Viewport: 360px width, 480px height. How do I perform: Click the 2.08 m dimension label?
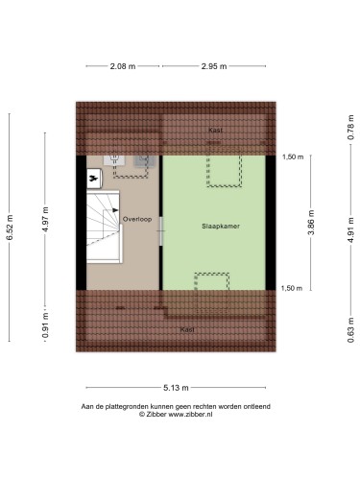[x=123, y=66]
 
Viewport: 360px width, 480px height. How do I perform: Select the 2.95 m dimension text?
[x=214, y=66]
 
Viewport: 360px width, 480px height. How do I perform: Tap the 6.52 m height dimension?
[x=10, y=228]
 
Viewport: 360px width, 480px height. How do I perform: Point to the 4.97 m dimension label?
[x=45, y=219]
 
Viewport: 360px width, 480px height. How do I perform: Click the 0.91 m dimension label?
[x=45, y=325]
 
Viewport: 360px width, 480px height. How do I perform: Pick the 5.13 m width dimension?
[x=176, y=388]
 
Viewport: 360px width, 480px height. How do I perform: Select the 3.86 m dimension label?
[x=311, y=222]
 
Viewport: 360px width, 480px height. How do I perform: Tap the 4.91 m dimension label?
[x=351, y=229]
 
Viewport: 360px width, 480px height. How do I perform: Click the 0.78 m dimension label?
[x=351, y=127]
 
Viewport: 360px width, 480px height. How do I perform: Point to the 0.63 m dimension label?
[x=351, y=330]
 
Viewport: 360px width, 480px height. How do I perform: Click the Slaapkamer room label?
[x=221, y=227]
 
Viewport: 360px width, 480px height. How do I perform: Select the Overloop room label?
[x=137, y=219]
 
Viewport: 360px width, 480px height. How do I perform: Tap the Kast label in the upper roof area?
[x=215, y=130]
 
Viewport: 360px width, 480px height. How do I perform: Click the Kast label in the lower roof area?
[x=187, y=329]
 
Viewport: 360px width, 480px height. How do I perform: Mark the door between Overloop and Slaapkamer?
[x=161, y=231]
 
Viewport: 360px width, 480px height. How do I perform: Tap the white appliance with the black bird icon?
[x=94, y=179]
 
